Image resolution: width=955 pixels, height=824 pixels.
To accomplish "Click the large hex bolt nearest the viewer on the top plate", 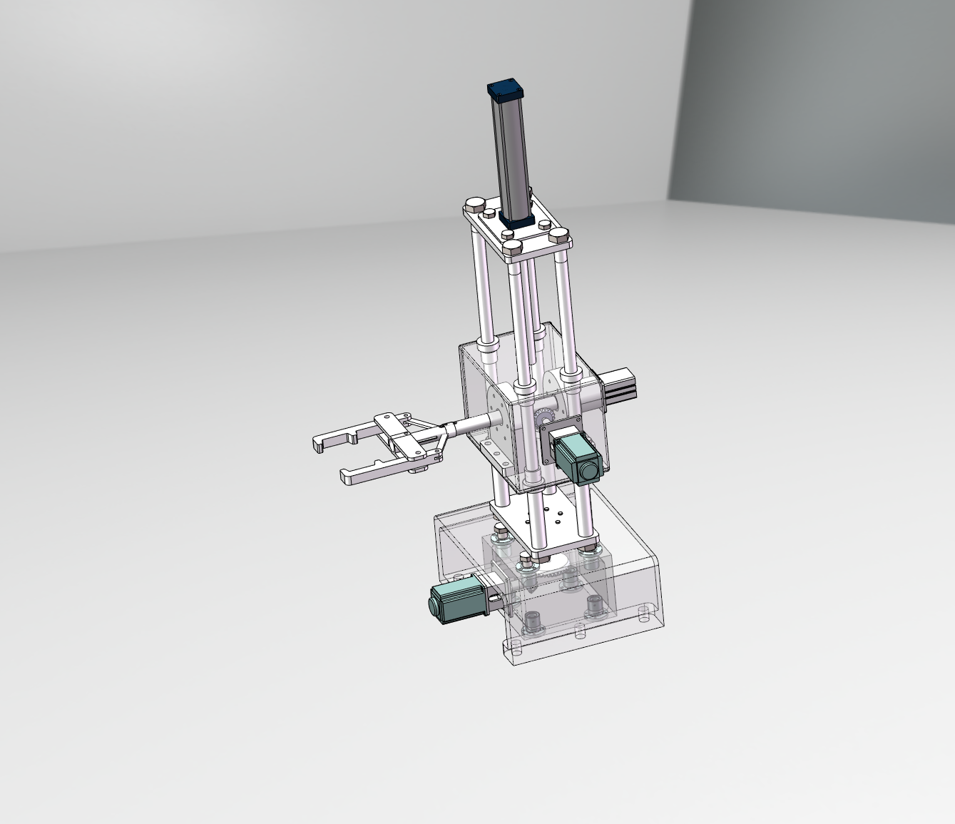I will pyautogui.click(x=513, y=248).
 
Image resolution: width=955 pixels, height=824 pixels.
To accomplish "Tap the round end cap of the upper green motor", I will pyautogui.click(x=589, y=471).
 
